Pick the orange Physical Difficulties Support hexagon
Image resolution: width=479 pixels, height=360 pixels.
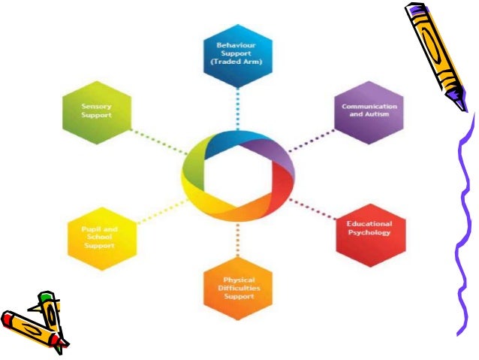pos(239,287)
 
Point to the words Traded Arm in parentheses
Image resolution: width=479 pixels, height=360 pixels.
pos(236,60)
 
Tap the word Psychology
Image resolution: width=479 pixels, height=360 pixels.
pos(369,232)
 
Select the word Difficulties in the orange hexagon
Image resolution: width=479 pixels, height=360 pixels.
pos(239,288)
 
